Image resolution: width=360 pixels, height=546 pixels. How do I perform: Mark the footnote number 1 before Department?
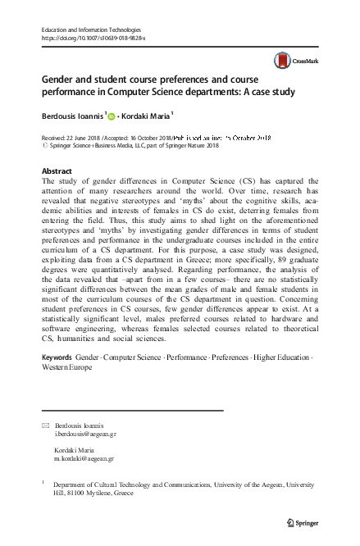point(43,485)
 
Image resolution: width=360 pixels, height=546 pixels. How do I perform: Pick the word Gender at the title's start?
point(59,82)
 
